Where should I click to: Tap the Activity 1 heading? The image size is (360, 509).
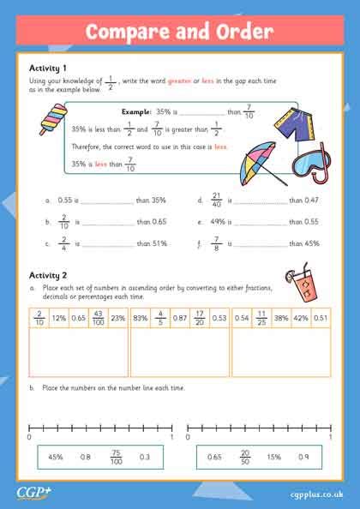48,68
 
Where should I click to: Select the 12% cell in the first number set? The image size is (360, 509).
58,318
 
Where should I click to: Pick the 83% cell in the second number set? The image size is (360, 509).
141,318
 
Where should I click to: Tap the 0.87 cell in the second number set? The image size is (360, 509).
179,318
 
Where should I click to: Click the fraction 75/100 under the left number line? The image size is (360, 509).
116,457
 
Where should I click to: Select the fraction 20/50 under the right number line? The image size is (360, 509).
245,457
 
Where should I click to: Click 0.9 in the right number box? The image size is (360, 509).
303,457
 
